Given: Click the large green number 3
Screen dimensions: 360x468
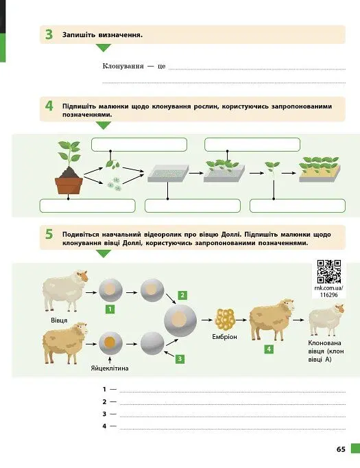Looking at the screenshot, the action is (49, 34).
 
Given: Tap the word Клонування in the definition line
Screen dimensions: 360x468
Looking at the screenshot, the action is (123, 66).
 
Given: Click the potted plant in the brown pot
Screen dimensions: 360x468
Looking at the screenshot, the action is (69, 167).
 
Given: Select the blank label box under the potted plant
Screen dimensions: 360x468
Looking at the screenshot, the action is (87, 206).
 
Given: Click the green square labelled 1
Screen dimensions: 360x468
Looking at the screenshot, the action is (110, 309).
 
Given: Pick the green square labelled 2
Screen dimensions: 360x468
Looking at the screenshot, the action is (182, 295).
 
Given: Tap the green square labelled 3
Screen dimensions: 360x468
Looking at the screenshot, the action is (180, 359).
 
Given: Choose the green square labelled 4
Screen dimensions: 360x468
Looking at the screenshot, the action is (269, 349).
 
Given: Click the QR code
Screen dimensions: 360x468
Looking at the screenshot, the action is (329, 271).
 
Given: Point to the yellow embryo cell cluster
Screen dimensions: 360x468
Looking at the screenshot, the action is (225, 319).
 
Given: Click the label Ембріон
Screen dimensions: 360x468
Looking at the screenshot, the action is (225, 337).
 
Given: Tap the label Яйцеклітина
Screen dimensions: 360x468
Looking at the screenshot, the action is (110, 368).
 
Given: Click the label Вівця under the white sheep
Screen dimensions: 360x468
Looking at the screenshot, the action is (59, 320).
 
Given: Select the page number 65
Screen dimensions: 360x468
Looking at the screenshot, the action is (341, 449).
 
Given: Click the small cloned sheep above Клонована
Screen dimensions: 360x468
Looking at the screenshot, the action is (326, 320).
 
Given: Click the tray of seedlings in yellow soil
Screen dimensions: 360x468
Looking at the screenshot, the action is (320, 169).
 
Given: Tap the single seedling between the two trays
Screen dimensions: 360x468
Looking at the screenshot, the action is (273, 170).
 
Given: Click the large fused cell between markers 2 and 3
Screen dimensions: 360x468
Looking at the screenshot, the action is (180, 320).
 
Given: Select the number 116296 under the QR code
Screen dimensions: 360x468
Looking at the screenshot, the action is (329, 295).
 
